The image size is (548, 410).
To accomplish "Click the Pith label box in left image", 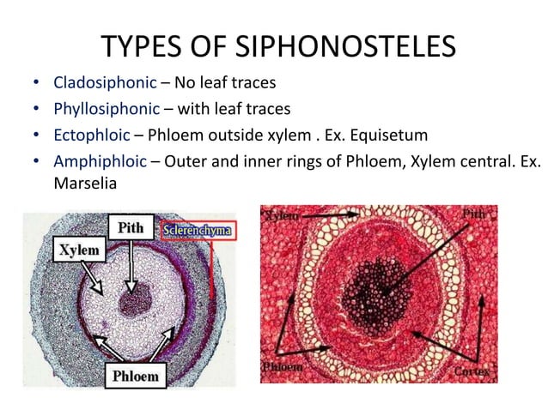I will [x=131, y=228].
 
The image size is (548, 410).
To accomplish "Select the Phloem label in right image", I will [x=282, y=368].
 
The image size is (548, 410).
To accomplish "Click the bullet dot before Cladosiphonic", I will [x=35, y=85].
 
